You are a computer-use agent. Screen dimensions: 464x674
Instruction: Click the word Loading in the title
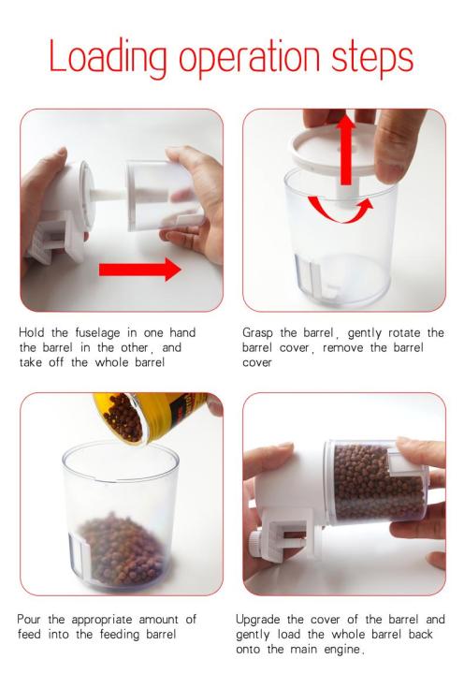108,58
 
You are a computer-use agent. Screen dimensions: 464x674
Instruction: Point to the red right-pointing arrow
139,270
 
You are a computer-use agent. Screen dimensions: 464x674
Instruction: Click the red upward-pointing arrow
346,150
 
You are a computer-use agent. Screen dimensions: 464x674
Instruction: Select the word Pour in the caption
29,620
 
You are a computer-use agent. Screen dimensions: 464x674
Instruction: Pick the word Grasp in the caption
258,333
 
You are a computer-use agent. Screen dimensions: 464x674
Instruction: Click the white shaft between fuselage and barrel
109,195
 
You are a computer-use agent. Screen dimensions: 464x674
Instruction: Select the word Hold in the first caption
31,332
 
